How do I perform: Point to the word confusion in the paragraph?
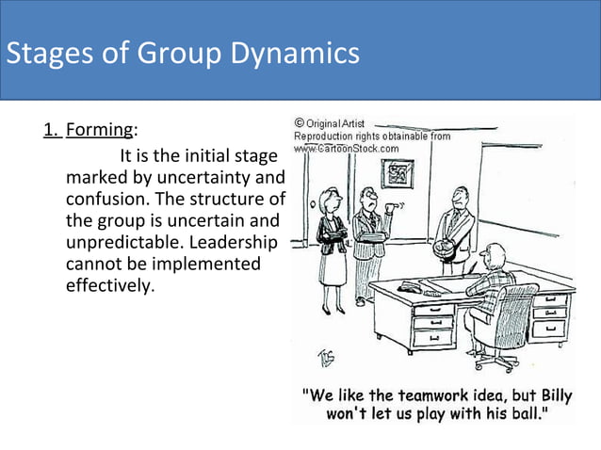(106, 201)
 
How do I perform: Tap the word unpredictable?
(123, 243)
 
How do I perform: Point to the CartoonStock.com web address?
(347, 148)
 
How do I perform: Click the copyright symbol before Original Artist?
(300, 123)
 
